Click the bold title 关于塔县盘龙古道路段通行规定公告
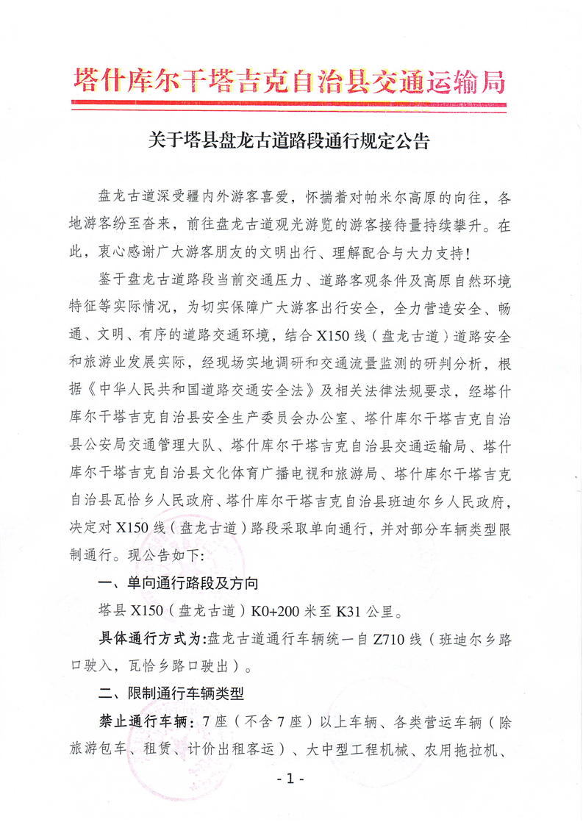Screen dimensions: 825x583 pyautogui.click(x=290, y=140)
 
